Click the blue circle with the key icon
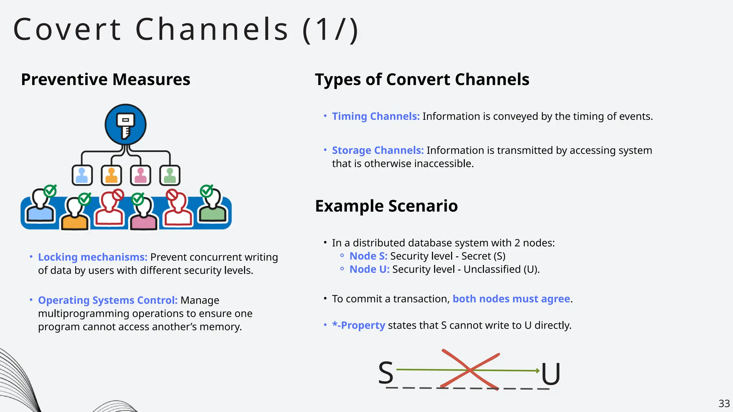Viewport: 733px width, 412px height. (125, 124)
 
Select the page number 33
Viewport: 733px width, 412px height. (724, 403)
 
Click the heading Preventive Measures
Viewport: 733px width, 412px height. (106, 79)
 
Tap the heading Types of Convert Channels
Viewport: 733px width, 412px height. (422, 79)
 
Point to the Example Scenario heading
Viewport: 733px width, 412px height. (386, 206)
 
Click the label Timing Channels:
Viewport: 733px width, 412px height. (375, 116)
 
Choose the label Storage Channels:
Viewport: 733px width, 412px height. (378, 150)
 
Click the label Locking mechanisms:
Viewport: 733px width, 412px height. (93, 257)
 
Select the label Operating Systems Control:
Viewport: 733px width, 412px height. (108, 300)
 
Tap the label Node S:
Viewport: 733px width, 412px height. (368, 256)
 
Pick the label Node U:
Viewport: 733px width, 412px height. (369, 269)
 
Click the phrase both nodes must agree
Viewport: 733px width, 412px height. (511, 299)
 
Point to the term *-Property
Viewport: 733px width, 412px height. (358, 325)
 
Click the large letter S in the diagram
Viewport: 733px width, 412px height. (386, 373)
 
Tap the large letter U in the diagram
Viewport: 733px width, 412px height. (550, 374)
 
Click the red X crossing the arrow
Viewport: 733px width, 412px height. (470, 370)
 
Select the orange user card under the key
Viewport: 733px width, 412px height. (111, 175)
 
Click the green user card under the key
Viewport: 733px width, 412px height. (170, 175)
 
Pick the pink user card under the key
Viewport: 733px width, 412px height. (140, 175)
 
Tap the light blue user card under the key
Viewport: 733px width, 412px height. (82, 175)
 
